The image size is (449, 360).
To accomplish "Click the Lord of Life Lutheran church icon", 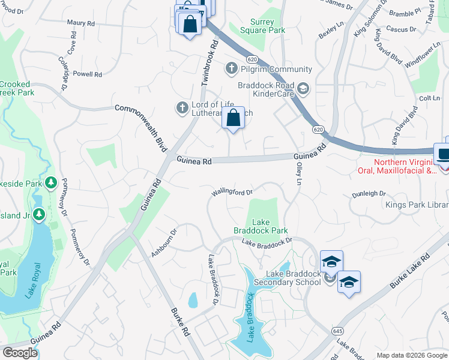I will [181, 108].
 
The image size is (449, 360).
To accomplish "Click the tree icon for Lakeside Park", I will [52, 181].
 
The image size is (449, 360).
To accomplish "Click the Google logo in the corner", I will [20, 353].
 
